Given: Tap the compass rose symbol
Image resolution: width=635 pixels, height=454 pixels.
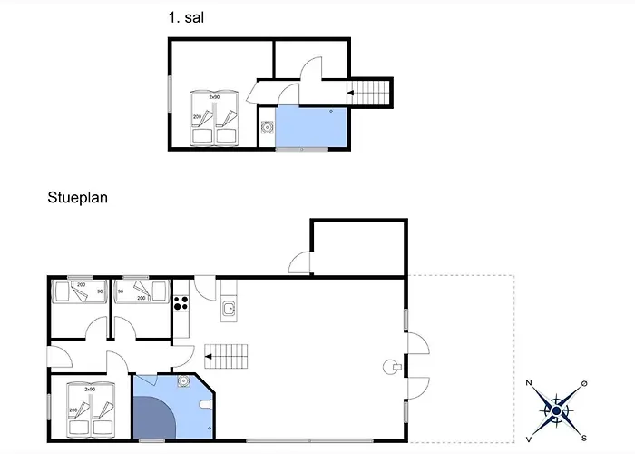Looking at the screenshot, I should coord(557,410).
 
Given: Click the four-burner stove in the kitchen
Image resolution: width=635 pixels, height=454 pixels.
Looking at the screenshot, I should coord(180,301).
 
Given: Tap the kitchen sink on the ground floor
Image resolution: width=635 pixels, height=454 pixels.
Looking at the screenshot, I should coord(230,311).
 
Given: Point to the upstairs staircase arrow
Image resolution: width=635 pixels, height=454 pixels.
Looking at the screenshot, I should coord(350,93).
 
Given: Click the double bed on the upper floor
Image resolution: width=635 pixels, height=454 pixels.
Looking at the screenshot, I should coord(213,118).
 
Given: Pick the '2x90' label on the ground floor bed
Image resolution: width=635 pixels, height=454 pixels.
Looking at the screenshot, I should coord(90,389).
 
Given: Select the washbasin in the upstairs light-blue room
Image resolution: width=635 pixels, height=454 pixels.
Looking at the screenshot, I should coord(267,128).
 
